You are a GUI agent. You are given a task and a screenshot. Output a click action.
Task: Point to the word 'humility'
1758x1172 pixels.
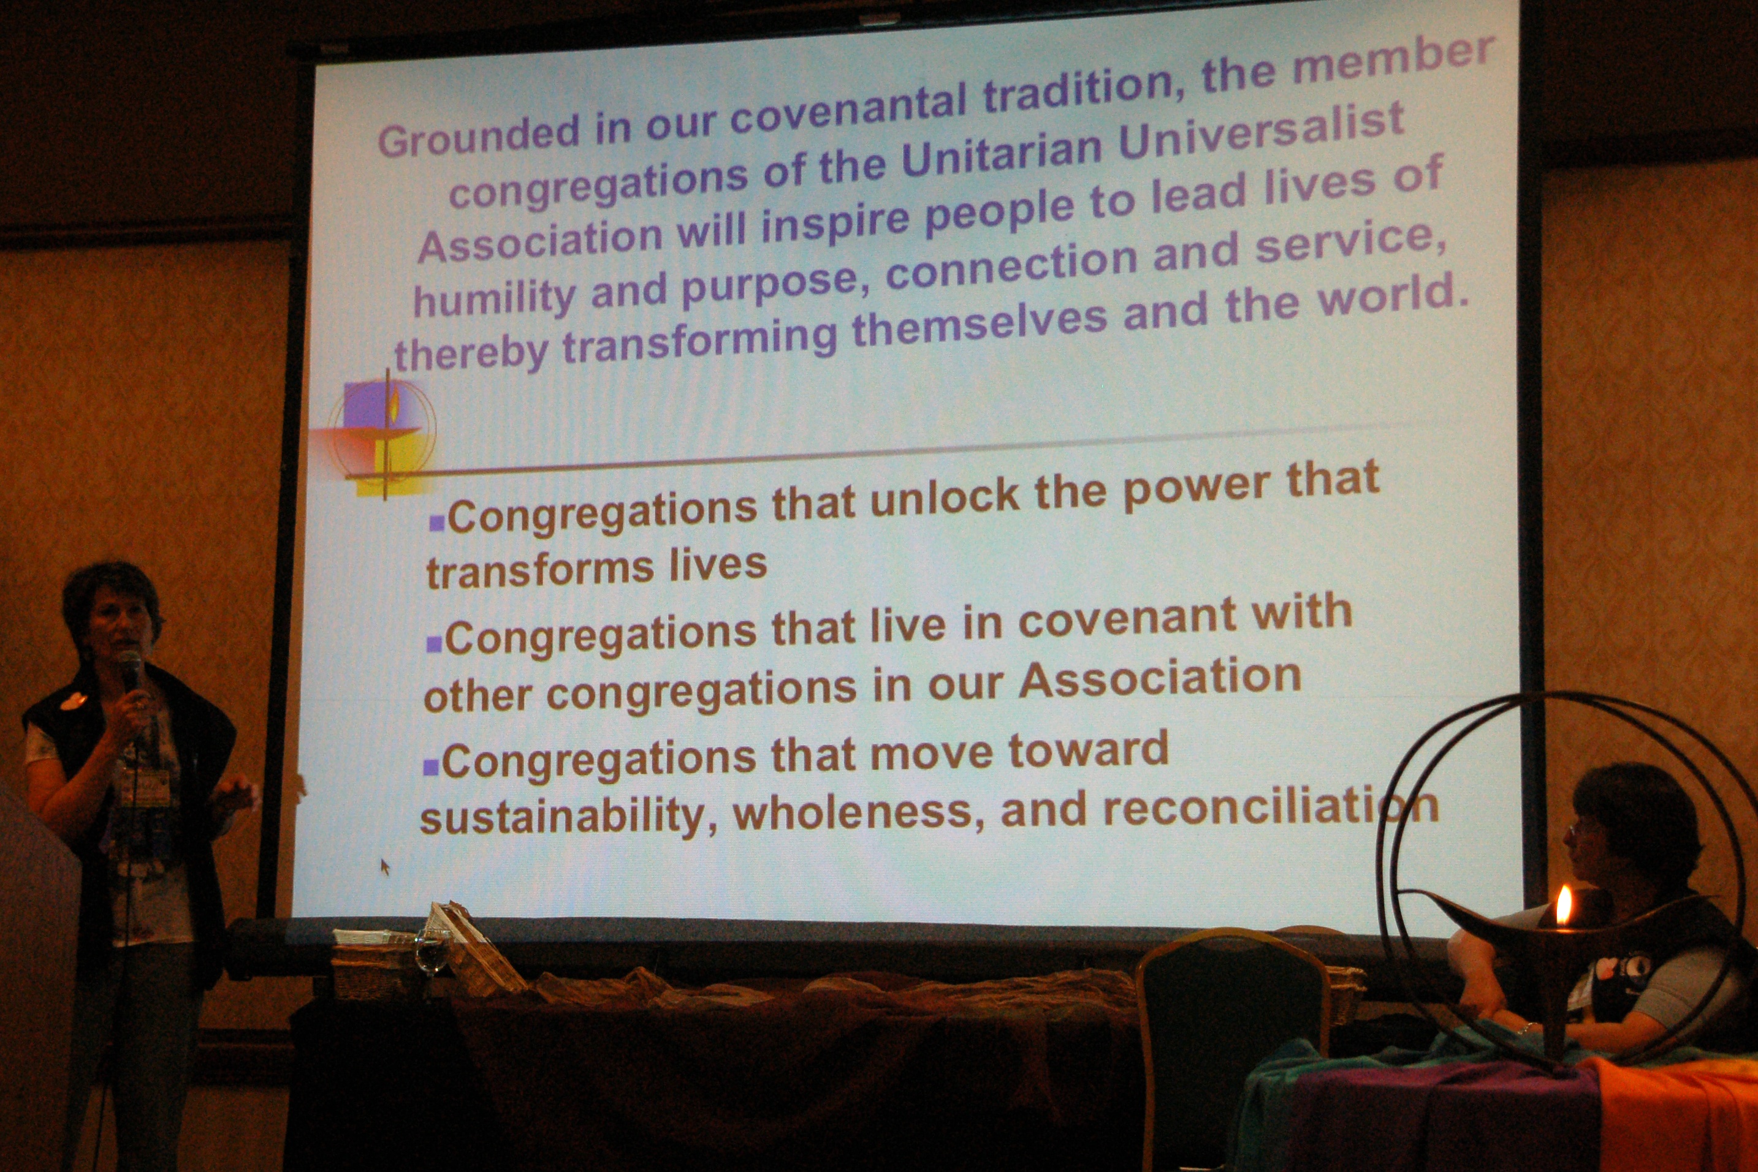pyautogui.click(x=494, y=299)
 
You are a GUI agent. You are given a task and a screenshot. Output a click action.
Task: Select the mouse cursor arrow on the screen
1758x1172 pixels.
pyautogui.click(x=385, y=866)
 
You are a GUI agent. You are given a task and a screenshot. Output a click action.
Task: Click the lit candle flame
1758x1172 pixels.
pyautogui.click(x=1564, y=904)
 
